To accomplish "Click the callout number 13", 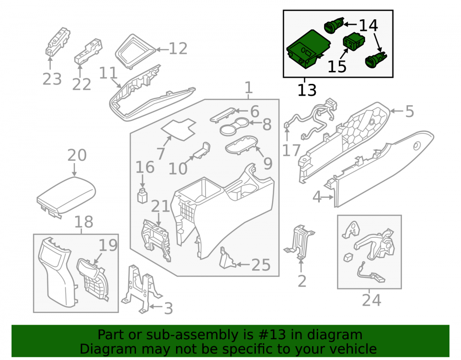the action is pos(307,90).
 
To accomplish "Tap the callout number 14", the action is pos(368,25).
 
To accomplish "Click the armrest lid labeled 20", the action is pos(66,196).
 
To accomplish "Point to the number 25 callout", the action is pos(261,265).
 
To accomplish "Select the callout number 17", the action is pos(291,150).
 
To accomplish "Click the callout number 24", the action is pos(372,301).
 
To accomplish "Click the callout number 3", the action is pos(168,308).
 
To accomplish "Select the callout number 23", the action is pos(52,79).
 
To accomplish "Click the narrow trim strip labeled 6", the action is pos(223,115).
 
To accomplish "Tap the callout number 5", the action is pos(409,112).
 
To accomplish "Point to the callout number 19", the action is pos(108,245).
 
